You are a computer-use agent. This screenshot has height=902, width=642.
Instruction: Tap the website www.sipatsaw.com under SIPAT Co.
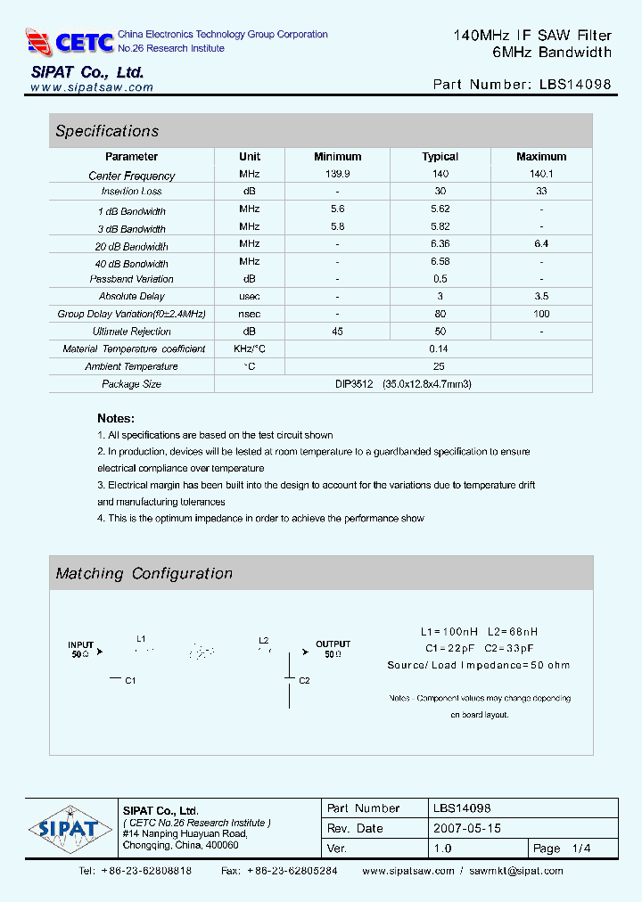(x=92, y=87)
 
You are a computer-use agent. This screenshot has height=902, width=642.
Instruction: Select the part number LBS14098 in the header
(x=575, y=85)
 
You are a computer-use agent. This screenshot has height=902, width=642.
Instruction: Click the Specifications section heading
(x=107, y=131)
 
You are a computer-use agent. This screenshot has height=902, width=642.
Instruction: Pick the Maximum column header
(x=541, y=157)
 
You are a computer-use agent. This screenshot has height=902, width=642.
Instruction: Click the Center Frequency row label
(x=132, y=176)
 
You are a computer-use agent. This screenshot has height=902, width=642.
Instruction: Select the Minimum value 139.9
(x=338, y=175)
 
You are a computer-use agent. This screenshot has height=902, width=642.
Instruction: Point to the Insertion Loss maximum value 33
(x=541, y=192)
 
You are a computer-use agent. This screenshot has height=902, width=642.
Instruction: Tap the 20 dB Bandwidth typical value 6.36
(x=440, y=243)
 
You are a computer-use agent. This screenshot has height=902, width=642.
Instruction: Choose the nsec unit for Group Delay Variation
(x=250, y=314)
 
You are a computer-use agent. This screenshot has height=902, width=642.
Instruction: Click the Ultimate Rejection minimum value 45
(x=338, y=332)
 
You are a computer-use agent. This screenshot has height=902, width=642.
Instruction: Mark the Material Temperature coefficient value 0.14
(x=439, y=348)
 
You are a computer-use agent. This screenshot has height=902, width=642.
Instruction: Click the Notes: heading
(x=116, y=418)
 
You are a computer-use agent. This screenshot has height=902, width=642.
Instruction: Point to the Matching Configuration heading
(x=144, y=574)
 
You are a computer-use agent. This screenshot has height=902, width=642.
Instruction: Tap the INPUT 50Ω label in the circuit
(x=80, y=649)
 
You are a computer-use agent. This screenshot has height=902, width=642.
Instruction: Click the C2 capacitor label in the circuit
(x=304, y=681)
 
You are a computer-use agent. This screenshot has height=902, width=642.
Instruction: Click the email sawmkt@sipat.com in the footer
(x=516, y=871)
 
